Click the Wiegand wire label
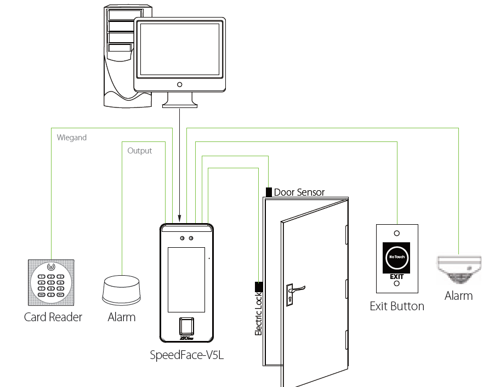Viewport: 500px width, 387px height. click(72, 138)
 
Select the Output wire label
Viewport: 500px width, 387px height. click(139, 150)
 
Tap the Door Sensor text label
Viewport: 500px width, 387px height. click(299, 192)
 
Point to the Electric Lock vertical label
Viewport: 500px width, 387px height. click(259, 314)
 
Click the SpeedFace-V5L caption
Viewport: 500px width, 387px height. click(187, 355)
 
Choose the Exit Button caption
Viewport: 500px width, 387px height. click(397, 306)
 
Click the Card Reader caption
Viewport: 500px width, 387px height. click(53, 317)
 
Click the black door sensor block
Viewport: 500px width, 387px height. click(269, 192)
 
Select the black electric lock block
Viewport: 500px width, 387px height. click(258, 286)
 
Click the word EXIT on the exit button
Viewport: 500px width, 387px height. click(396, 277)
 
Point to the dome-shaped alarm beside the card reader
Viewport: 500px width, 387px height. click(121, 291)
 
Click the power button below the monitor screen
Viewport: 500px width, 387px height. click(179, 85)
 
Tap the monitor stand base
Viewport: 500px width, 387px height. click(180, 105)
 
